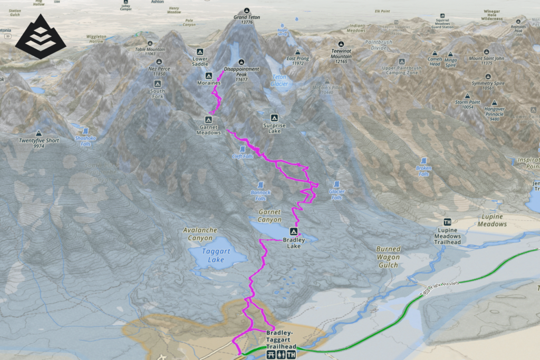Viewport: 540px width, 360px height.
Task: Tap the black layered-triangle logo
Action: (x=41, y=37)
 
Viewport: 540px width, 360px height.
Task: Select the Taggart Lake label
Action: (x=216, y=256)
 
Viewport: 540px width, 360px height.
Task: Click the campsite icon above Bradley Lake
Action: (x=293, y=231)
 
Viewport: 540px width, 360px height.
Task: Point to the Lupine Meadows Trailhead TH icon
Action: (x=448, y=222)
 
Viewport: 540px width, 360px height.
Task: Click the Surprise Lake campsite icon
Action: (x=274, y=118)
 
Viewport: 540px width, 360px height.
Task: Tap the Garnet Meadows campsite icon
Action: (x=208, y=120)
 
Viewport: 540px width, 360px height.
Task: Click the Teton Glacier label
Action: (x=279, y=80)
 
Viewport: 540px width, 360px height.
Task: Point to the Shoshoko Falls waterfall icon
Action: (x=85, y=130)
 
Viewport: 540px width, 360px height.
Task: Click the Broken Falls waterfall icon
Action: (x=424, y=160)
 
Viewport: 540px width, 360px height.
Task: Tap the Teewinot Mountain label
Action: (x=341, y=53)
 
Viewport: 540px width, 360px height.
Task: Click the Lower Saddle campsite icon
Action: (x=200, y=52)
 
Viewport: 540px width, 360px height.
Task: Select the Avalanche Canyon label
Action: (x=200, y=234)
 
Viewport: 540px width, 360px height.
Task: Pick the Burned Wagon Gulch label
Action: (x=388, y=257)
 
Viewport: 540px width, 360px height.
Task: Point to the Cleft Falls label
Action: (x=243, y=156)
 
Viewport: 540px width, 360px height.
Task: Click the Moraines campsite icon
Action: (x=208, y=75)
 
